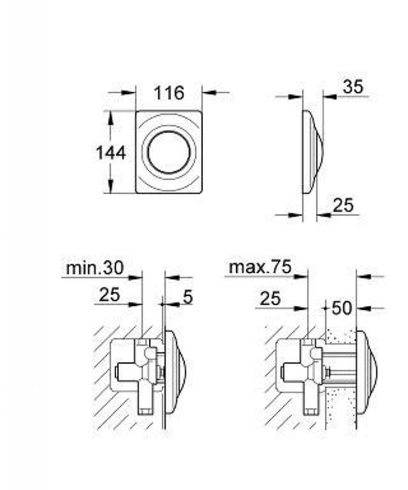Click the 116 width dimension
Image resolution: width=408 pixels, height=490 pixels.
point(169,93)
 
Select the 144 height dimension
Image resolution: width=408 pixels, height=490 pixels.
point(111,153)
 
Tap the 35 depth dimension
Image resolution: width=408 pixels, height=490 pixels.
point(353,87)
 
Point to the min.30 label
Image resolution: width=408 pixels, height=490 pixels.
point(95,268)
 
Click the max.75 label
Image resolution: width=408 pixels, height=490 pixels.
point(260,267)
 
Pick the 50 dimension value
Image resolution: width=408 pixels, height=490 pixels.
point(342,308)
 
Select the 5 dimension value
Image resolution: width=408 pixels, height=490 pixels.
point(187,297)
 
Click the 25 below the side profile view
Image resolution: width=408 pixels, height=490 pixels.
point(343,205)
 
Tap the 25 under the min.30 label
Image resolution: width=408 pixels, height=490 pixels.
point(110,295)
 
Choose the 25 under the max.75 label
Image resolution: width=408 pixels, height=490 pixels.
point(271,299)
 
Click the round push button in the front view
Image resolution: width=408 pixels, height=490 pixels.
point(169,153)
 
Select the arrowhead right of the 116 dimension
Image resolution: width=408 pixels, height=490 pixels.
point(209,92)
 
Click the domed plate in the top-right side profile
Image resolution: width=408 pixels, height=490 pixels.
point(313,152)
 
